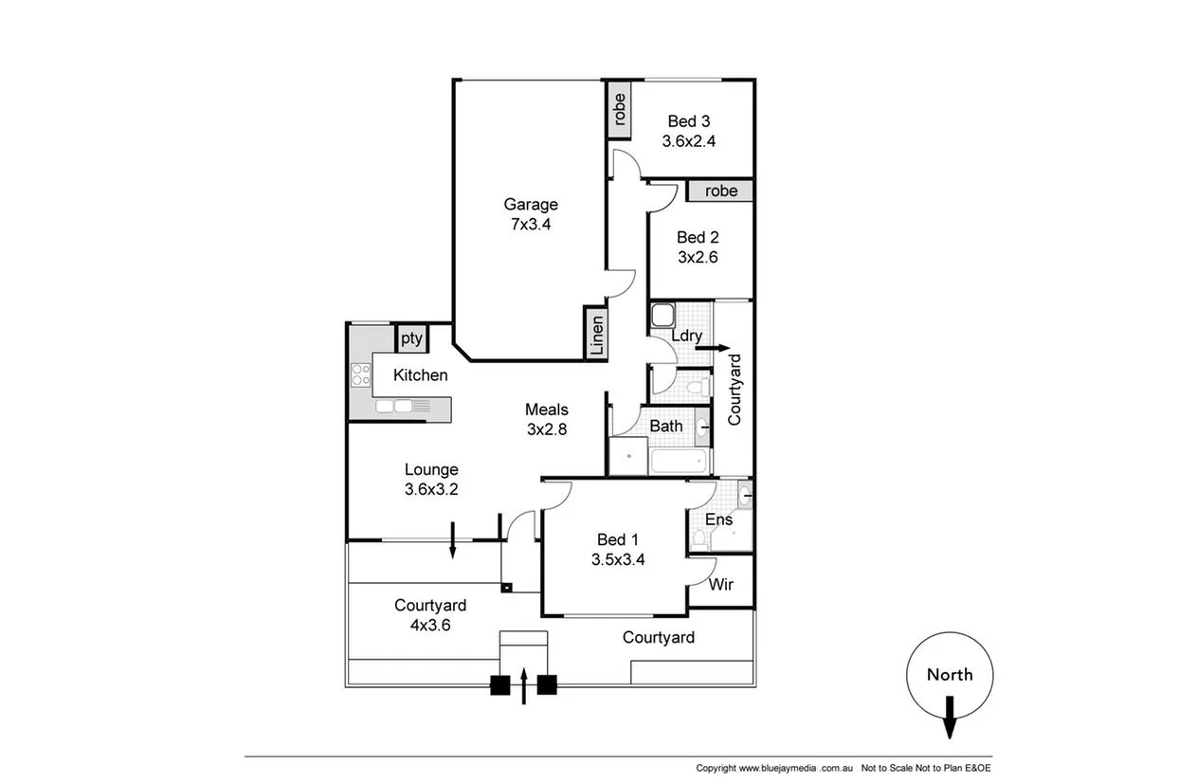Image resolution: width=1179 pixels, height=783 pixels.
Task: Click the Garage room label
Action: (x=530, y=204)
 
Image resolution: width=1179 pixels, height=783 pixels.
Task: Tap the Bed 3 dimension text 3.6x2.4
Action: (x=688, y=140)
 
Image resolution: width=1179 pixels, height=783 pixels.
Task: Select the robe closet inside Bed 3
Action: (x=620, y=110)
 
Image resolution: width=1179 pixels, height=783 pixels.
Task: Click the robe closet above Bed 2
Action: (x=720, y=191)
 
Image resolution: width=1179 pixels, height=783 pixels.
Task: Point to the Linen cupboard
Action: (x=596, y=335)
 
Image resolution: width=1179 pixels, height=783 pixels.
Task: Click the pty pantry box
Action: (x=410, y=337)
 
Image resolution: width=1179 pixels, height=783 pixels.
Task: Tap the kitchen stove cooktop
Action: (x=360, y=374)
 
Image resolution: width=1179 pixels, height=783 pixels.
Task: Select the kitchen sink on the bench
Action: (x=394, y=407)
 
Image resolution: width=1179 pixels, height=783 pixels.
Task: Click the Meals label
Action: (x=547, y=410)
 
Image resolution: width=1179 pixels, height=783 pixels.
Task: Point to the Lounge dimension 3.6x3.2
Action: (x=431, y=489)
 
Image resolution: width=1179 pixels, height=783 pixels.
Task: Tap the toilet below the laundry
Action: (x=698, y=386)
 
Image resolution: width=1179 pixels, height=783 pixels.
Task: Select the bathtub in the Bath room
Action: (x=680, y=462)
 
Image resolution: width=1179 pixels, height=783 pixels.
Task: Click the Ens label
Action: (x=718, y=519)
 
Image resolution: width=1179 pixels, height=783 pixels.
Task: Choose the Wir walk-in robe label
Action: (x=721, y=585)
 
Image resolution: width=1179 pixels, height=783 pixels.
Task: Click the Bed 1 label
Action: (x=618, y=538)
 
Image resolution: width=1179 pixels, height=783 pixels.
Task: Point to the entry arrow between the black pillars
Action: (x=523, y=686)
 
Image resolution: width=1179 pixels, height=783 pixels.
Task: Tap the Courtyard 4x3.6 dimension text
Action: (x=430, y=625)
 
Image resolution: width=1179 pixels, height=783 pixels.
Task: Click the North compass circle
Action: (x=949, y=675)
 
